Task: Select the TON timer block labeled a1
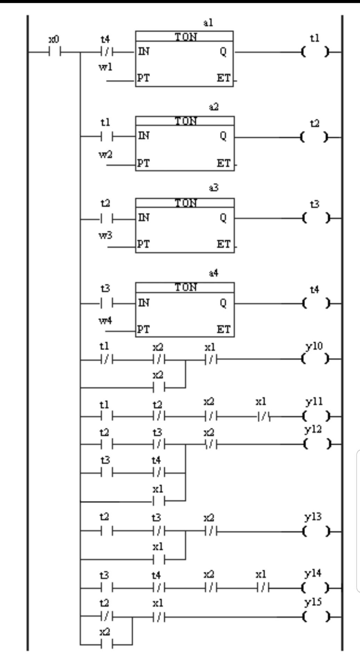(184, 59)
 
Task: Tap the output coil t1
(315, 52)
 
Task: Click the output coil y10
(315, 358)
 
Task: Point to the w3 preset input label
(105, 236)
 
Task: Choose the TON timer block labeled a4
(185, 310)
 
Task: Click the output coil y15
(315, 617)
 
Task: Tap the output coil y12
(315, 444)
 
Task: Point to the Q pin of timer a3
(223, 217)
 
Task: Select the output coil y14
(315, 588)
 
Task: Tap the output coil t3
(315, 218)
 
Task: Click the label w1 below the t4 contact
(105, 67)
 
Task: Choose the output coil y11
(315, 415)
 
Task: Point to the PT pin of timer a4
(143, 329)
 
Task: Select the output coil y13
(315, 532)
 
